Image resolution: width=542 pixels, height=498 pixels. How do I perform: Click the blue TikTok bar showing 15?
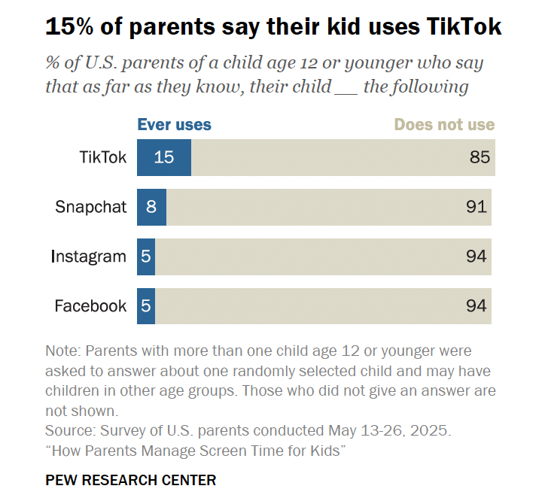coord(163,157)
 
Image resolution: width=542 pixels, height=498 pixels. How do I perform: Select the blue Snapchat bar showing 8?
coord(151,207)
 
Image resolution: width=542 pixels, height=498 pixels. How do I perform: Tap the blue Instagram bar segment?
coord(146,257)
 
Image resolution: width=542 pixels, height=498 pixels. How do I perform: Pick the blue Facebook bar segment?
coord(146,306)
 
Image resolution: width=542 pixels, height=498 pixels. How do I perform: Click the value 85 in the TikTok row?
coord(480,157)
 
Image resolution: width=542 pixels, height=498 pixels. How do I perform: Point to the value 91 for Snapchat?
coord(476,207)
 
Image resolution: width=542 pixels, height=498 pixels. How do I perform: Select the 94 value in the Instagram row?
coord(476,257)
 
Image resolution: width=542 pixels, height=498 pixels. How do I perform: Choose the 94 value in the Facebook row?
coord(476,306)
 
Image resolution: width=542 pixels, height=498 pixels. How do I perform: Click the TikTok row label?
coord(103,157)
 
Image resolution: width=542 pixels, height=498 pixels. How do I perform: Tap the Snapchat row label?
coord(91,207)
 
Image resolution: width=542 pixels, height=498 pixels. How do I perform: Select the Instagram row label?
coord(89,257)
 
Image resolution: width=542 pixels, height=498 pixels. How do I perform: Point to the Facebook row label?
coord(90,306)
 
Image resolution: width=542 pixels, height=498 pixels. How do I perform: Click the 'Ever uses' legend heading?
coord(174,125)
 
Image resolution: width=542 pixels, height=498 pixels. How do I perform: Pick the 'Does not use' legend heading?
coord(444,125)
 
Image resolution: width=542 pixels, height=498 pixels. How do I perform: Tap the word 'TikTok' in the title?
coord(464,28)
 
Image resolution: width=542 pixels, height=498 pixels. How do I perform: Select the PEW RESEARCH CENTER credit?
coord(131,479)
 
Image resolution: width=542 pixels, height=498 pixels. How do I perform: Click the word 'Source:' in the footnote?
coord(69,431)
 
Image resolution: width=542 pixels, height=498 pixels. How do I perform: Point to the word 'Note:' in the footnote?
coord(63,351)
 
